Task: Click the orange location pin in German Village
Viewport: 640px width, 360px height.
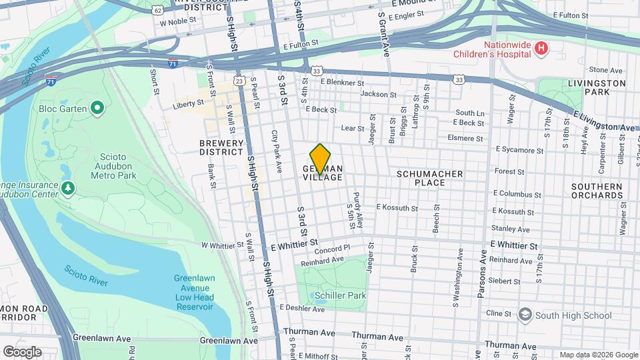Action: (x=321, y=159)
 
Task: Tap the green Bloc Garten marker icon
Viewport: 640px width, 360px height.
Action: (x=97, y=107)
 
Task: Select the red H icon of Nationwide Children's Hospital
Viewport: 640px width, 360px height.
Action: (x=541, y=49)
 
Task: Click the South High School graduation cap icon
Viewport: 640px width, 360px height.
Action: (x=525, y=315)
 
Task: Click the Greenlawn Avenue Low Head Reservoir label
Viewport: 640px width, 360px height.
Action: (x=193, y=293)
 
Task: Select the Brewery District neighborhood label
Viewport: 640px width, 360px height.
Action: (x=221, y=147)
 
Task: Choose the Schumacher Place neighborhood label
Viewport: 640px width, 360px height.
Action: (x=429, y=178)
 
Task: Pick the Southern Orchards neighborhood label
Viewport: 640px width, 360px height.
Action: (x=597, y=191)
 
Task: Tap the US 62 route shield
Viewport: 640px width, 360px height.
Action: (x=157, y=11)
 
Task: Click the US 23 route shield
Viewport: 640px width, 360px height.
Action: (x=239, y=81)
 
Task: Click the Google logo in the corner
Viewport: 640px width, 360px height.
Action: (x=22, y=351)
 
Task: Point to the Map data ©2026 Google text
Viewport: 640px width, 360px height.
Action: (x=598, y=355)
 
